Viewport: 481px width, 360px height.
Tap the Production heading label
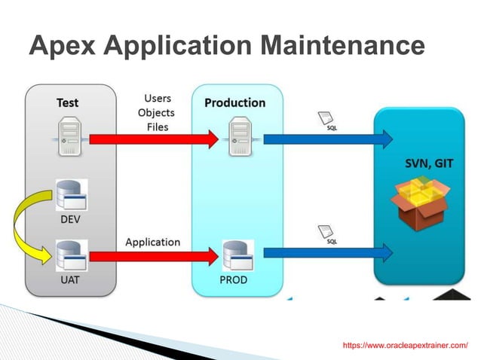pos(234,102)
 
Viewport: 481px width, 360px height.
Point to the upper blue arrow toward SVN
pos(328,139)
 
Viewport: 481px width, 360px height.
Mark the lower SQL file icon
pos(326,233)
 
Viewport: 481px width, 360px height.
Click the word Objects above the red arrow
pos(156,113)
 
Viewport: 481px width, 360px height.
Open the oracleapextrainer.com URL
pos(405,345)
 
